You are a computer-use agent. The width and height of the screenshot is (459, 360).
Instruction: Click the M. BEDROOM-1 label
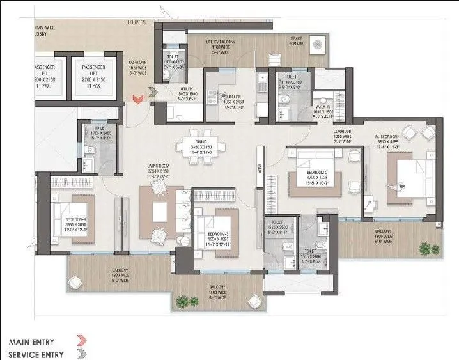[388, 137]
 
